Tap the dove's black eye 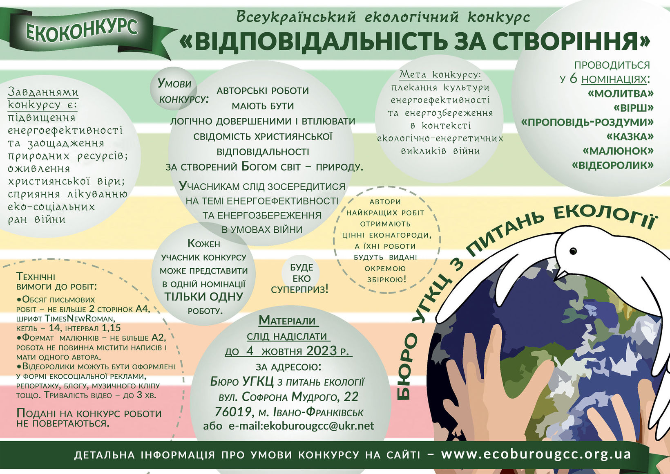point(573,250)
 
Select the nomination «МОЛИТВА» point(620,94)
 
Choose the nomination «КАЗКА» point(630,137)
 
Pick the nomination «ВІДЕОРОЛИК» point(612,165)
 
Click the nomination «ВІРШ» point(633,108)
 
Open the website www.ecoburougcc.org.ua point(536,454)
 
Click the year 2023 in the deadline point(322,351)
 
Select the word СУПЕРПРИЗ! point(299,290)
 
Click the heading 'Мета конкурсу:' point(440,74)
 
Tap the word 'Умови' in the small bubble point(174,84)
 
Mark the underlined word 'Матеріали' point(288,320)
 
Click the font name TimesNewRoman point(79,319)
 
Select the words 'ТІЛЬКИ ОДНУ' point(203,297)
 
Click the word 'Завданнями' point(43,92)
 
